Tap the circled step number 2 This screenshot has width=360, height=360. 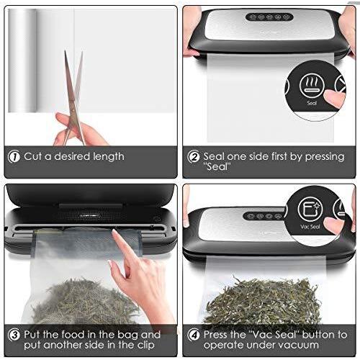(193, 156)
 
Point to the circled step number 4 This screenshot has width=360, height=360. (193, 335)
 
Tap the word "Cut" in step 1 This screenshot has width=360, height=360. (34, 156)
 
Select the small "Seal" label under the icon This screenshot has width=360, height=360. (312, 104)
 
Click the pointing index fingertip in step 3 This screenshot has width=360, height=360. (117, 235)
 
